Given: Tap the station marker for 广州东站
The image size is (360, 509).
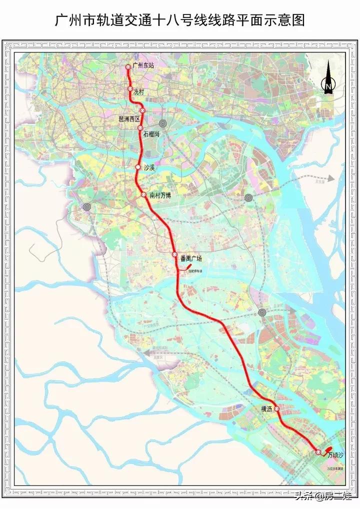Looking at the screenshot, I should click(x=128, y=66).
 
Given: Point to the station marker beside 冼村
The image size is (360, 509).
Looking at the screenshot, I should click(x=130, y=89).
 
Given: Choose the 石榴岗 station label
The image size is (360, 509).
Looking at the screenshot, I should click(x=151, y=134).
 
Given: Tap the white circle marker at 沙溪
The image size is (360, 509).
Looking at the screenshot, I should click(x=138, y=167).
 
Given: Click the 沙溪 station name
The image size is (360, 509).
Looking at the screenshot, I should click(x=149, y=168).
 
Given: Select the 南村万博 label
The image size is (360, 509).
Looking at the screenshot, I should click(x=160, y=195).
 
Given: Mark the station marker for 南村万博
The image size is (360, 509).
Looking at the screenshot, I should click(x=144, y=195).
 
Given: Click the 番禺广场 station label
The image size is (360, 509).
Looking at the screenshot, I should click(x=191, y=258).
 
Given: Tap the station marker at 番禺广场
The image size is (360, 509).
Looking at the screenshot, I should click(x=175, y=255).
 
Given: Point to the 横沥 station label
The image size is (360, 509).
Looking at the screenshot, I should click(x=266, y=409).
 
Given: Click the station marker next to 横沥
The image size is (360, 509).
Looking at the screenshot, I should click(x=276, y=408).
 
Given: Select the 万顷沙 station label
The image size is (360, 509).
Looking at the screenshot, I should click(x=335, y=455).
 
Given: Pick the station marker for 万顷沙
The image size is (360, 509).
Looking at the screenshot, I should click(x=318, y=452).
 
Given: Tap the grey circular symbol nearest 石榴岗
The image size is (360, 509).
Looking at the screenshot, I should click(x=163, y=123).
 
